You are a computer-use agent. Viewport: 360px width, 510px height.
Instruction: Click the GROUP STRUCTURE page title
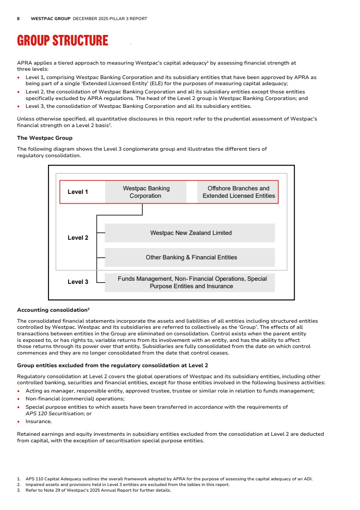point(62,41)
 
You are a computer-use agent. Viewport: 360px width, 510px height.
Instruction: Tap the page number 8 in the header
point(18,19)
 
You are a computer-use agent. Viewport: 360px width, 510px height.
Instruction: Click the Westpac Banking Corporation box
point(146,192)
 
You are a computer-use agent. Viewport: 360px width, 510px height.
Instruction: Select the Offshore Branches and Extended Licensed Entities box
point(238,192)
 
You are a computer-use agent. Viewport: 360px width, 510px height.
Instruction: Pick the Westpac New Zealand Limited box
point(190,233)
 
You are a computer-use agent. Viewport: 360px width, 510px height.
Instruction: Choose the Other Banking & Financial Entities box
point(190,258)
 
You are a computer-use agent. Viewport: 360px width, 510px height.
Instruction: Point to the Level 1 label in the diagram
point(78,192)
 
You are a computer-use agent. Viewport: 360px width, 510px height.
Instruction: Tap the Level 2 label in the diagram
point(78,238)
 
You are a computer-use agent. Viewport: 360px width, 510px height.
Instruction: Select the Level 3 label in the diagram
point(78,282)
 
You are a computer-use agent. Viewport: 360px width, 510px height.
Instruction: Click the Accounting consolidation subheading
point(53,310)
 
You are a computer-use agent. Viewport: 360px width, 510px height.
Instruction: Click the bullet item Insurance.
point(38,421)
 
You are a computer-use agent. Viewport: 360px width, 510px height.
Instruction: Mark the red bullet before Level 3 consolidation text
point(18,107)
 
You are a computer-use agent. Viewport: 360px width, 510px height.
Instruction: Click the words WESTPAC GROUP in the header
point(51,19)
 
